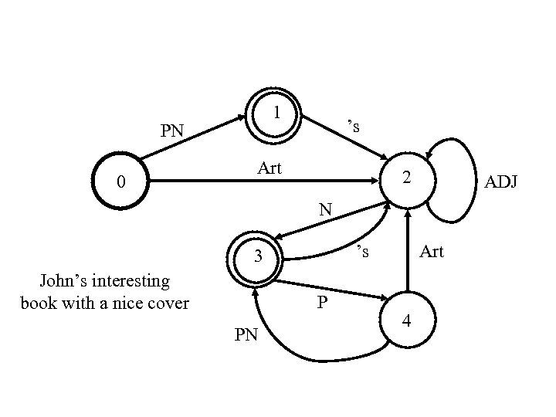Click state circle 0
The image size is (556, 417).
[120, 183]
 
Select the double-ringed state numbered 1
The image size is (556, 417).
[273, 114]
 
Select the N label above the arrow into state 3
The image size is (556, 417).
[326, 208]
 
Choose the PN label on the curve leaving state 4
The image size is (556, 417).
[246, 336]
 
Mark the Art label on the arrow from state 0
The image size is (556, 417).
[270, 168]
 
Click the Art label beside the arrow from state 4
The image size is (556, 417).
[431, 252]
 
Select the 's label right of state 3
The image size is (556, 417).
[362, 252]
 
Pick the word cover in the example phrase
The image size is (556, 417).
[168, 302]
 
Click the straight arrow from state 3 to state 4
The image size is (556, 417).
[332, 292]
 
